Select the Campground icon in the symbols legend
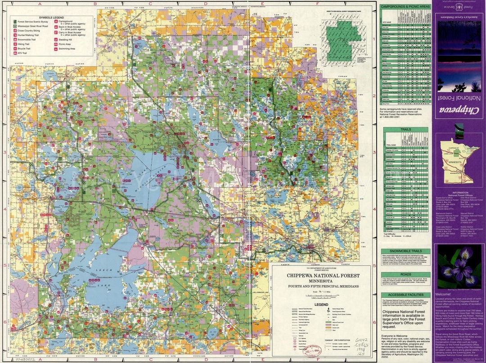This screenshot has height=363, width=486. tap(56, 22)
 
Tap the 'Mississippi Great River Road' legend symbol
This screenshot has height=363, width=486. tap(15, 26)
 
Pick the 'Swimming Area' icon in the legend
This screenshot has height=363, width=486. tap(56, 49)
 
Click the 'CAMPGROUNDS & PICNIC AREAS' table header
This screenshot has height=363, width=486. tap(405, 7)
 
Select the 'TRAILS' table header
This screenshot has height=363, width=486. tap(405, 130)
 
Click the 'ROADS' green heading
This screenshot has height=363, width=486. tap(405, 274)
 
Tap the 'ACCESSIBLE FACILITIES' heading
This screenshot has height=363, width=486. tap(405, 295)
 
